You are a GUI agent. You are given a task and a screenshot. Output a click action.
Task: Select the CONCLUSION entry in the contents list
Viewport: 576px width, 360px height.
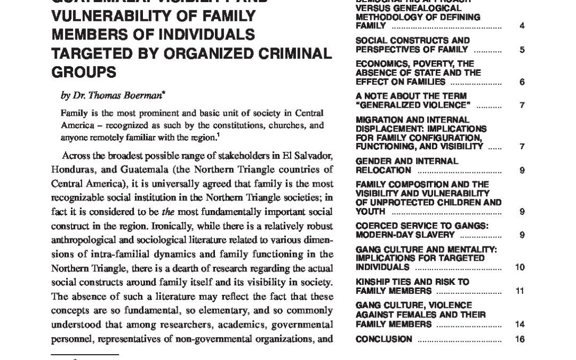tap(383, 339)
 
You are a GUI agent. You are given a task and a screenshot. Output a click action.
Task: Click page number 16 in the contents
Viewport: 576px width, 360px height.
tap(521, 339)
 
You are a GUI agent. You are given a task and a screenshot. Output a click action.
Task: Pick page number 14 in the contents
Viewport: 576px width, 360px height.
tap(521, 324)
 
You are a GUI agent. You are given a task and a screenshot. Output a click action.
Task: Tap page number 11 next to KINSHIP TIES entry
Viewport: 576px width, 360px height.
tap(521, 291)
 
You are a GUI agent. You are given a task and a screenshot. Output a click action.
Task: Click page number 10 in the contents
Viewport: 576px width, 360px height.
tap(521, 267)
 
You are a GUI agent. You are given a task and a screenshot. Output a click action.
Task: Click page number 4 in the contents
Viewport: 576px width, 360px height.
tap(522, 26)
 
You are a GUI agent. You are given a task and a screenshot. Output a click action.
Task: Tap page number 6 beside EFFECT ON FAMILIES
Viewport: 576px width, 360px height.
tap(522, 82)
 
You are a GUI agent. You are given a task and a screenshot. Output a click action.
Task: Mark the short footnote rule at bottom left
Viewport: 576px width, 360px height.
tap(85, 354)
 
